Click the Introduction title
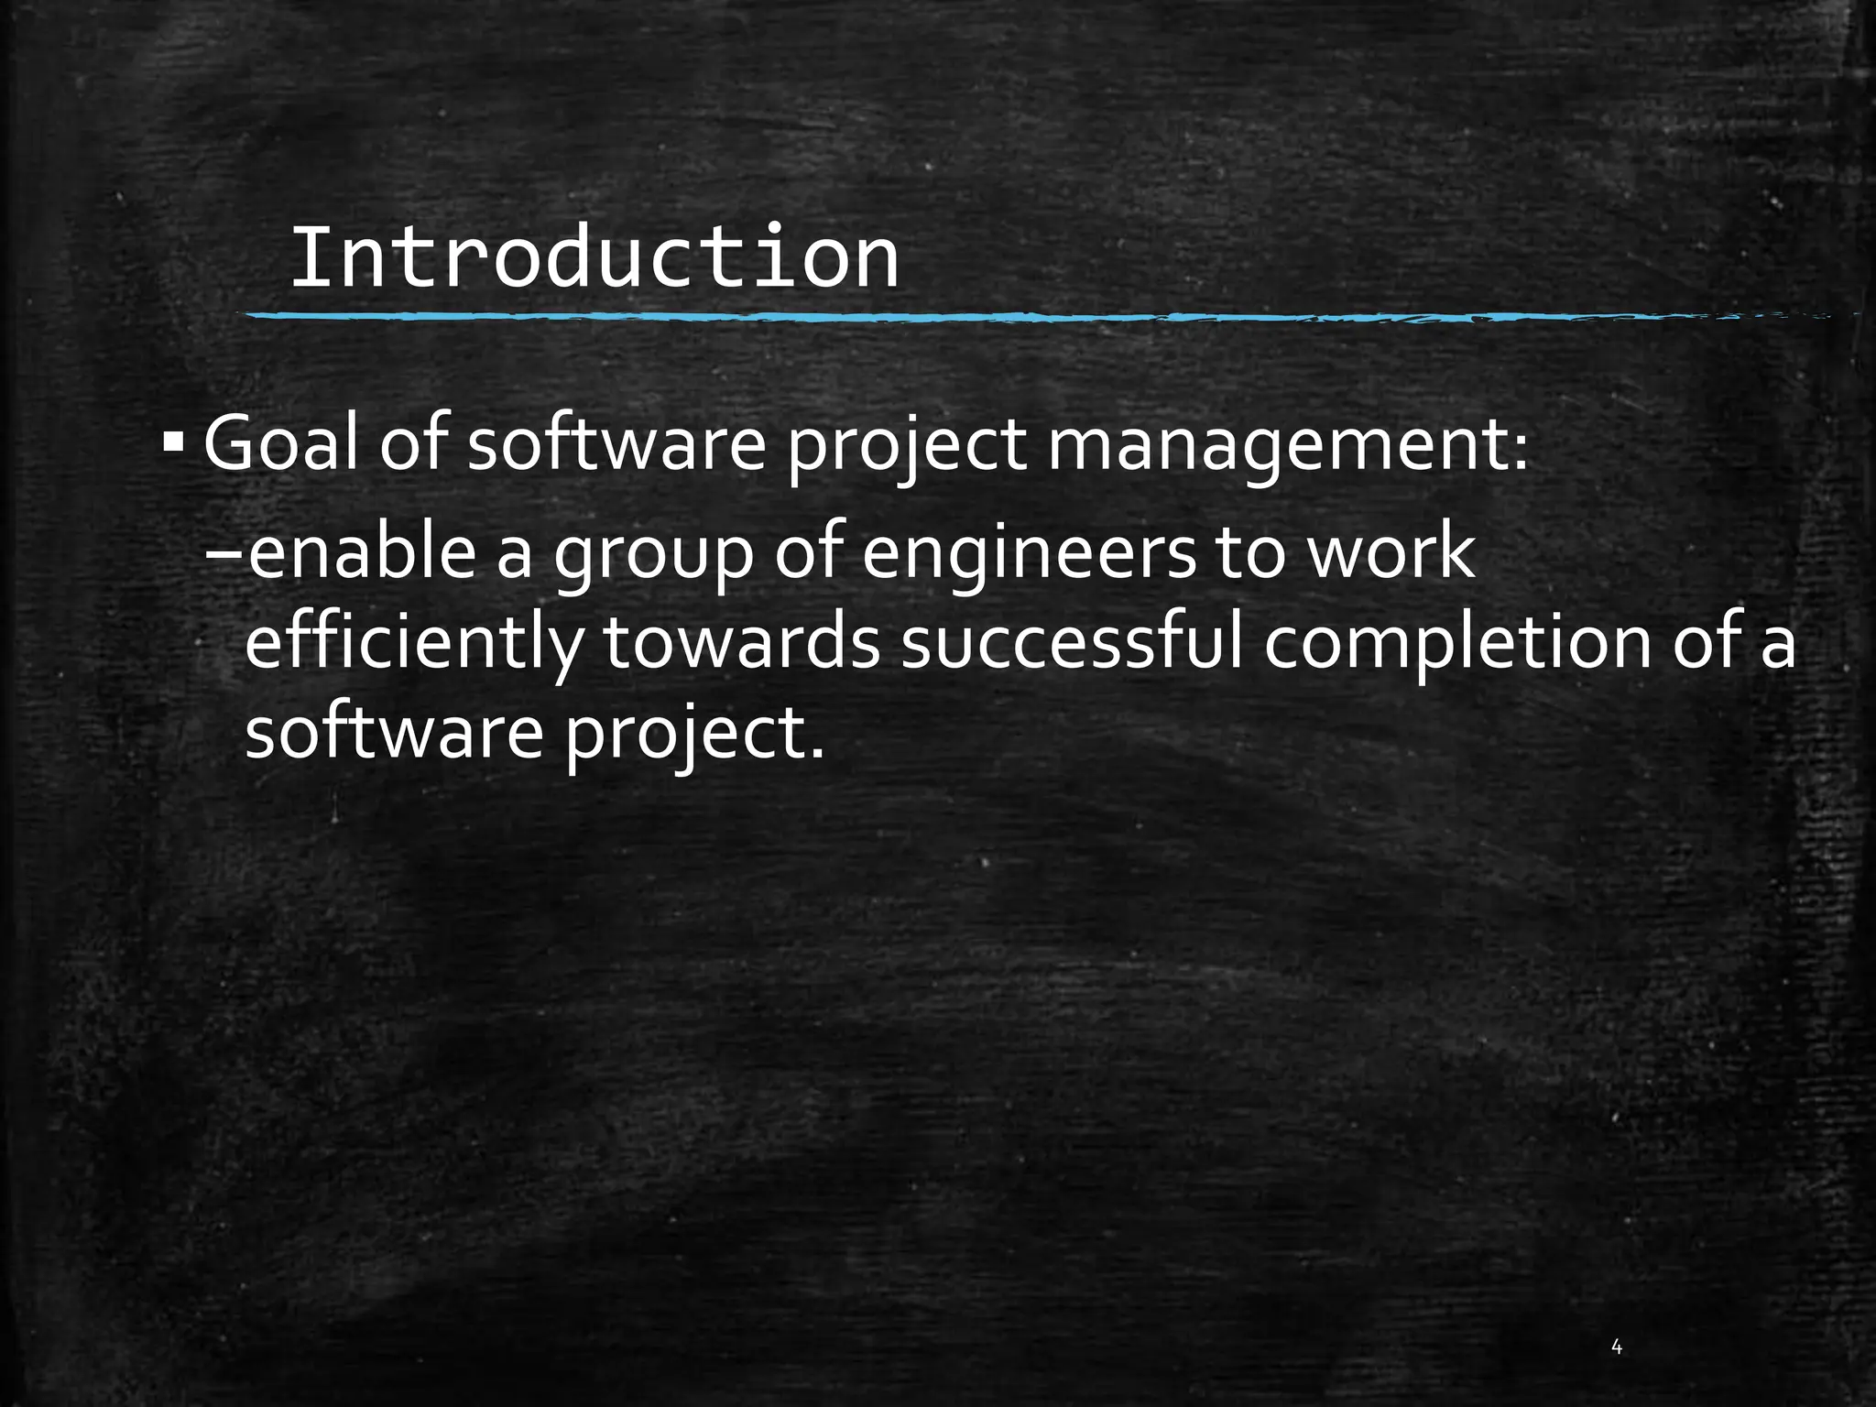tap(594, 259)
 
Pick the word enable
tap(362, 554)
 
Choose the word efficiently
tap(413, 645)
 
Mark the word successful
tap(1073, 643)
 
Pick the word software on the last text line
tap(395, 733)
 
